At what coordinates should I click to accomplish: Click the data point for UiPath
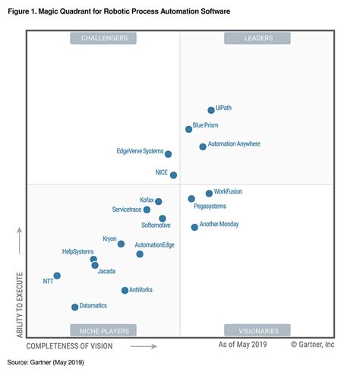click(x=211, y=110)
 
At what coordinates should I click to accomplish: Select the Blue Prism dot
click(x=189, y=129)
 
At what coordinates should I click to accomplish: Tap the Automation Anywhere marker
click(x=203, y=147)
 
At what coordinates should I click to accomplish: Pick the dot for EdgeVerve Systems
click(x=168, y=154)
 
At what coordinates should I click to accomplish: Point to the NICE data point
click(x=174, y=175)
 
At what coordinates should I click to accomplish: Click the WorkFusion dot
click(x=209, y=194)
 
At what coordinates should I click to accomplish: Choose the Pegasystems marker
click(x=191, y=199)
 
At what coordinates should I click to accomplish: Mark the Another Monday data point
click(x=194, y=227)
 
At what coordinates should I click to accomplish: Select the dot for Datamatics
click(x=74, y=307)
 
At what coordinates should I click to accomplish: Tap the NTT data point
click(x=57, y=276)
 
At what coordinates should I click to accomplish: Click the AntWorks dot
click(x=125, y=290)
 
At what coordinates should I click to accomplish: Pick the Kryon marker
click(x=121, y=244)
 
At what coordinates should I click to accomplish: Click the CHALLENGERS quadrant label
click(x=103, y=37)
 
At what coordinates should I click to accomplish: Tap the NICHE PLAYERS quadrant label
click(x=103, y=330)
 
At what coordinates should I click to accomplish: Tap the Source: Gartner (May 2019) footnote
click(x=46, y=363)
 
